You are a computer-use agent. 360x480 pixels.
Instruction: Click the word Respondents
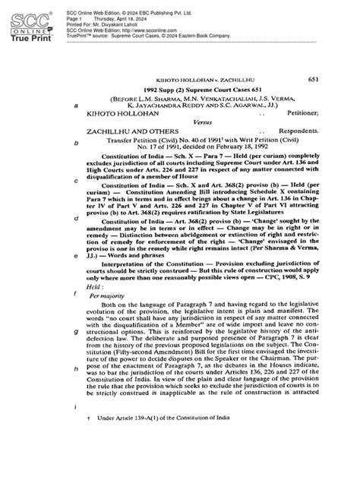pyautogui.click(x=311, y=130)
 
